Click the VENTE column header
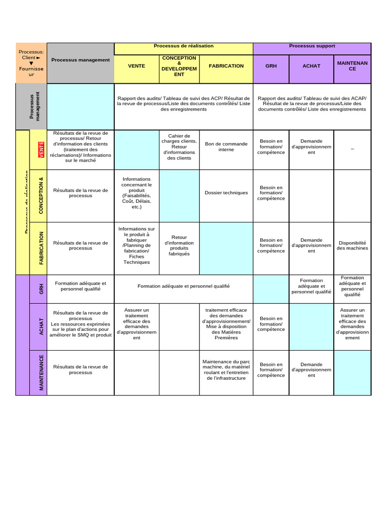(136, 66)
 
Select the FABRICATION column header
(226, 66)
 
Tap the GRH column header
(271, 66)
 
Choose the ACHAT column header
(311, 66)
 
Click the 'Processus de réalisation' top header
(184, 46)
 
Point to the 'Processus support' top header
(312, 46)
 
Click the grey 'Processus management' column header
(81, 60)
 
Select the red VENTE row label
(41, 150)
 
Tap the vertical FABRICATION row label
(41, 248)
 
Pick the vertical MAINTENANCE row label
(41, 372)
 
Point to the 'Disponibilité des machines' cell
(352, 246)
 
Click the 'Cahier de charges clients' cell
(179, 147)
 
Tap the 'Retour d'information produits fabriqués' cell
(179, 246)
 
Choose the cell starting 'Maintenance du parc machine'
(226, 370)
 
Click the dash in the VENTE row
(352, 148)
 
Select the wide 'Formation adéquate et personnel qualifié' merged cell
(184, 286)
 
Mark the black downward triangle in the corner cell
(31, 63)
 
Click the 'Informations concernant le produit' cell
(137, 193)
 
